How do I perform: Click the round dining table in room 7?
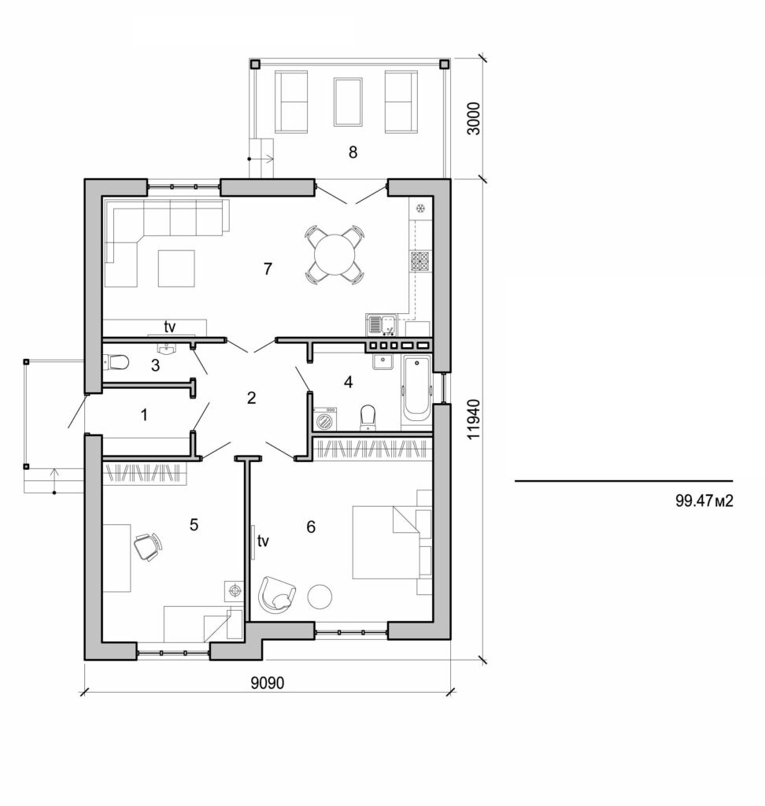[x=334, y=254]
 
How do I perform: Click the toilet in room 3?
[x=117, y=363]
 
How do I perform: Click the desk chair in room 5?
[x=147, y=545]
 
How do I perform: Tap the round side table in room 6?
[x=320, y=596]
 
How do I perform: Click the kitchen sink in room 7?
[x=380, y=324]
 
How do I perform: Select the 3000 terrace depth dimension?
[x=472, y=119]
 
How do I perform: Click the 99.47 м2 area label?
[x=704, y=502]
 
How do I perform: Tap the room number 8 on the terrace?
[x=353, y=153]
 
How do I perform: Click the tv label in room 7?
[x=169, y=325]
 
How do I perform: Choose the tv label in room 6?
[x=264, y=541]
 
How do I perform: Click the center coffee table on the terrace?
[x=346, y=102]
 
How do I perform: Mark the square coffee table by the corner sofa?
[x=176, y=268]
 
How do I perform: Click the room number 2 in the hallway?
[x=251, y=397]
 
